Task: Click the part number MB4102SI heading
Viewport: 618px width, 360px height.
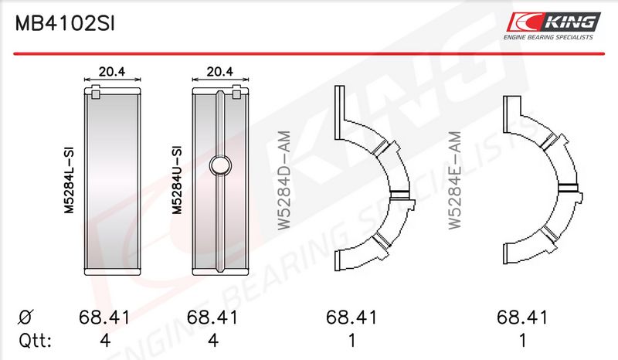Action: coord(65,24)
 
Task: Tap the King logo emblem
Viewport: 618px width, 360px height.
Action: coord(554,22)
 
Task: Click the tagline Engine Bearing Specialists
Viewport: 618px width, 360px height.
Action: coord(548,37)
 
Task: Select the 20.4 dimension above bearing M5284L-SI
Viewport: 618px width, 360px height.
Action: coord(112,71)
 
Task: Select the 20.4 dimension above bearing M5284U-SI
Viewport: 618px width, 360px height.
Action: coord(220,71)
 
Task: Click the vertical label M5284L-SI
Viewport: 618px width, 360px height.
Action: coord(70,180)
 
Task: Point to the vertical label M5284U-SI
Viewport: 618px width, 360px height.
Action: coord(177,180)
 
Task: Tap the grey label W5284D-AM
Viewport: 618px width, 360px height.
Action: coord(284,180)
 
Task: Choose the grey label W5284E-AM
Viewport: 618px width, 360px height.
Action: coord(455,180)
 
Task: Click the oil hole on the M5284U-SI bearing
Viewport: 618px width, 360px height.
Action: coord(220,165)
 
